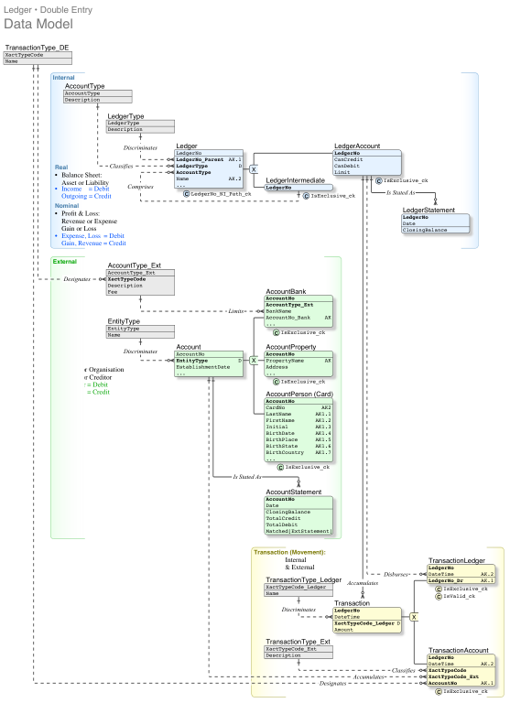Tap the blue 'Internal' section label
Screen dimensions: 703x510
pos(64,78)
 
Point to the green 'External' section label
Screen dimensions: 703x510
pos(65,261)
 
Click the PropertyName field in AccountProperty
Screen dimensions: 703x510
pos(286,362)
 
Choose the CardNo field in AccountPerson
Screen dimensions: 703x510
pos(276,407)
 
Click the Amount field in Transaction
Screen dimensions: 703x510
pos(343,630)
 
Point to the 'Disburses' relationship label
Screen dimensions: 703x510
pos(396,574)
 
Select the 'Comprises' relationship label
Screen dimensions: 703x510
pos(140,186)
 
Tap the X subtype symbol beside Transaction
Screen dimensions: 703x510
pos(413,617)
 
